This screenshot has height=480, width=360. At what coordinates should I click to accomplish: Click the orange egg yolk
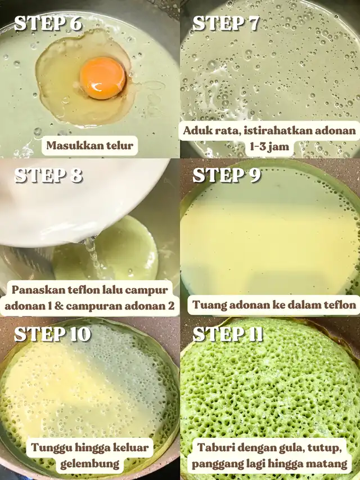coord(102,78)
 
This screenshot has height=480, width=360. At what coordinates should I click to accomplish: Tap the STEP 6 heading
coord(48,23)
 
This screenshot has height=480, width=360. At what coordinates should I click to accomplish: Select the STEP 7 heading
coord(226,23)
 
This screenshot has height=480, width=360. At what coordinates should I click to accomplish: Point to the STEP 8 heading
coord(48,175)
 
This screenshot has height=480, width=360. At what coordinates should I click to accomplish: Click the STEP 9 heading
coord(227,175)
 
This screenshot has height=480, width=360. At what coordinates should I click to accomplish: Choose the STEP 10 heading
coord(53,334)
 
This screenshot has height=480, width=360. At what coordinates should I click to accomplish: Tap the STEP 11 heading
coord(228,334)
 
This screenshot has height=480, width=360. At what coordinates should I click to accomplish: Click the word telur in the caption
coord(119,145)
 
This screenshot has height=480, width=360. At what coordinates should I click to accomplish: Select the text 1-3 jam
coord(269,147)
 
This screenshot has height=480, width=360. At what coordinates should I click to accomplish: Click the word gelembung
coord(89,464)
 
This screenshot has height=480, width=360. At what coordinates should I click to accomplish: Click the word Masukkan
coord(74,145)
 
